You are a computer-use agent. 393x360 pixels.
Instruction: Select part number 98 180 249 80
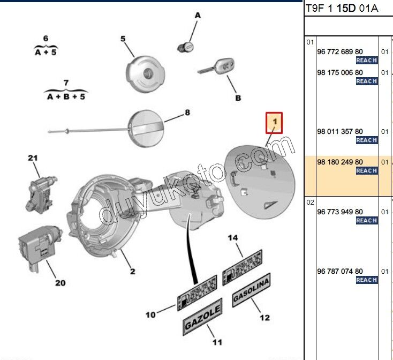pyautogui.click(x=340, y=162)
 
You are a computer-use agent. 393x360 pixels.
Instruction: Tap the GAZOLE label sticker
pyautogui.click(x=202, y=317)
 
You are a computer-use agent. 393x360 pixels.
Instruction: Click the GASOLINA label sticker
pyautogui.click(x=252, y=290)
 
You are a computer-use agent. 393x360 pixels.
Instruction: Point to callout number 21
pyautogui.click(x=33, y=158)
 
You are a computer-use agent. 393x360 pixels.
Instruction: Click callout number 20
pyautogui.click(x=60, y=283)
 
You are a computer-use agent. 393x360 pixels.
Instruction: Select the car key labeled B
pyautogui.click(x=217, y=66)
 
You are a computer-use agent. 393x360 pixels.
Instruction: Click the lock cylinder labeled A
pyautogui.click(x=185, y=47)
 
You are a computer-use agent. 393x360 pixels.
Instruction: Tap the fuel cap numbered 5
pyautogui.click(x=146, y=74)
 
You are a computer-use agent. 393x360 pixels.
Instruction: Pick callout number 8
pyautogui.click(x=187, y=112)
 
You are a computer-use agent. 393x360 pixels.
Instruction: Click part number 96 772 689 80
pyautogui.click(x=340, y=51)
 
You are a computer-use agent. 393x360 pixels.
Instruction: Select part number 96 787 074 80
pyautogui.click(x=340, y=271)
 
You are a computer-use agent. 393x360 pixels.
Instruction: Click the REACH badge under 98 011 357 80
pyautogui.click(x=367, y=140)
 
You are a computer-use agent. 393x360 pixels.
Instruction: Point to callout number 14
pyautogui.click(x=233, y=238)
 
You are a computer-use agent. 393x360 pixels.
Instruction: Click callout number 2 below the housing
pyautogui.click(x=133, y=271)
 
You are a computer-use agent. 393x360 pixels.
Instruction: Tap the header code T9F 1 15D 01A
pyautogui.click(x=342, y=8)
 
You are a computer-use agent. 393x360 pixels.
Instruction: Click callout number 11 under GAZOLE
pyautogui.click(x=217, y=342)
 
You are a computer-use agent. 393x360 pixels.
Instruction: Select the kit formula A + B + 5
pyautogui.click(x=66, y=96)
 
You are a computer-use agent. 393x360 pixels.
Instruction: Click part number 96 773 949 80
pyautogui.click(x=340, y=212)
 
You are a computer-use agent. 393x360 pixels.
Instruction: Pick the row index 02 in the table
pyautogui.click(x=310, y=202)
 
